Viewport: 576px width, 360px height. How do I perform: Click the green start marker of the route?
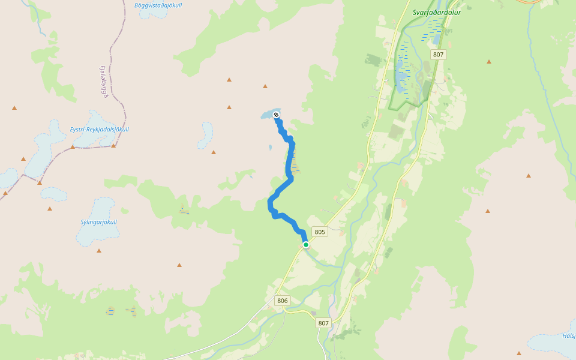pos(306,245)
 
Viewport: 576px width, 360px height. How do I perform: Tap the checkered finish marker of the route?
pos(276,115)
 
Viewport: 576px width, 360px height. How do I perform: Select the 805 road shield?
pos(319,232)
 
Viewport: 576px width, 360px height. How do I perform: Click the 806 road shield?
pos(283,301)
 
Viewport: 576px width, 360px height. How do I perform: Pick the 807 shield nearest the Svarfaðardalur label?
pos(439,55)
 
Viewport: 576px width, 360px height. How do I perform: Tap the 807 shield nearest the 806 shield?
pos(323,323)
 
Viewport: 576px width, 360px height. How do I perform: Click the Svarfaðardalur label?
pos(436,12)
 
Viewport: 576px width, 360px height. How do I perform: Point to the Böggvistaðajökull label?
pos(158,5)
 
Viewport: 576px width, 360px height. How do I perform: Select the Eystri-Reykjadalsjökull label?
pos(99,130)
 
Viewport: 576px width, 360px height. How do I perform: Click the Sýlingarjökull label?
pos(98,222)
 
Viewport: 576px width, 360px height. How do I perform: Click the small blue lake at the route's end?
pos(266,113)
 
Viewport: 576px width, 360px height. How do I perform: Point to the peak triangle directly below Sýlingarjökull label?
pos(99,250)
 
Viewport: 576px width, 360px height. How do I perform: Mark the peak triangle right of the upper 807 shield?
pos(489,61)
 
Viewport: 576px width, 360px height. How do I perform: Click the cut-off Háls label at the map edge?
pos(569,335)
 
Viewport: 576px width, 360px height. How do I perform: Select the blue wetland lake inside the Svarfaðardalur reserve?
pos(401,71)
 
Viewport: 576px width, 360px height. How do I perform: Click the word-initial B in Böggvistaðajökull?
pos(137,5)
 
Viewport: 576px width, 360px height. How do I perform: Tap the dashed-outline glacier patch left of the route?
pos(206,135)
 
